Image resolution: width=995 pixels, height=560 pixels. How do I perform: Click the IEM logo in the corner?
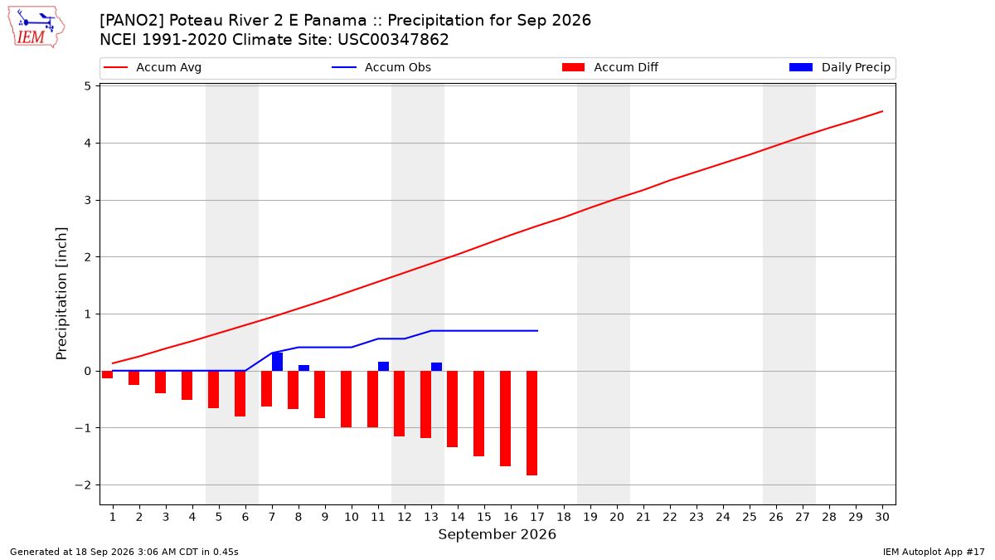point(36,27)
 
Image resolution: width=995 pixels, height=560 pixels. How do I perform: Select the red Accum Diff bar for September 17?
point(532,423)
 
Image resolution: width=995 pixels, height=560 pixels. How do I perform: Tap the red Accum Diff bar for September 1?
point(108,375)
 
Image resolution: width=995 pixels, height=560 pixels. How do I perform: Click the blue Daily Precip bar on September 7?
point(277,362)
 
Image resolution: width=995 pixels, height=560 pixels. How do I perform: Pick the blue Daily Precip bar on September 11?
point(383,366)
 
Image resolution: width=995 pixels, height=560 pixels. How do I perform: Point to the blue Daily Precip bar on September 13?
point(437,367)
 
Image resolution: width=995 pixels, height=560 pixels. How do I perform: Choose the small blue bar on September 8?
point(303,368)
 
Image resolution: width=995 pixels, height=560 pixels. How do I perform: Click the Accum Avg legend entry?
point(153,67)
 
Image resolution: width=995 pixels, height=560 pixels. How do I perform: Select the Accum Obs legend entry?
point(381,67)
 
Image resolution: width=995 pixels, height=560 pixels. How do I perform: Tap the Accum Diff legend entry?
point(610,67)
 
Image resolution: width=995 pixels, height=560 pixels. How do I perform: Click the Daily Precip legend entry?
point(839,67)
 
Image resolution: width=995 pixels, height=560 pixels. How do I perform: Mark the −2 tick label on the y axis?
point(83,485)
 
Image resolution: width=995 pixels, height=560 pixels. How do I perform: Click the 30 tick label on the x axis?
point(882,517)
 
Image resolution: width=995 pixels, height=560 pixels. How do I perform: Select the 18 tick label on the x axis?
point(564,517)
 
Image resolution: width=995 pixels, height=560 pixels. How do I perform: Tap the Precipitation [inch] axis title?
point(61,294)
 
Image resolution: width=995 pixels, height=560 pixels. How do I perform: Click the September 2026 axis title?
point(497,534)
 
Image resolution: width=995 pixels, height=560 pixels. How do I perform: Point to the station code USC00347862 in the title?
point(393,40)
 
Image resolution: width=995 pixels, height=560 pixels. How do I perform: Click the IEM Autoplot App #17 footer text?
point(934,552)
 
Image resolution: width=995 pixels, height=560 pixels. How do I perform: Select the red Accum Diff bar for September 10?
point(346,399)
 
